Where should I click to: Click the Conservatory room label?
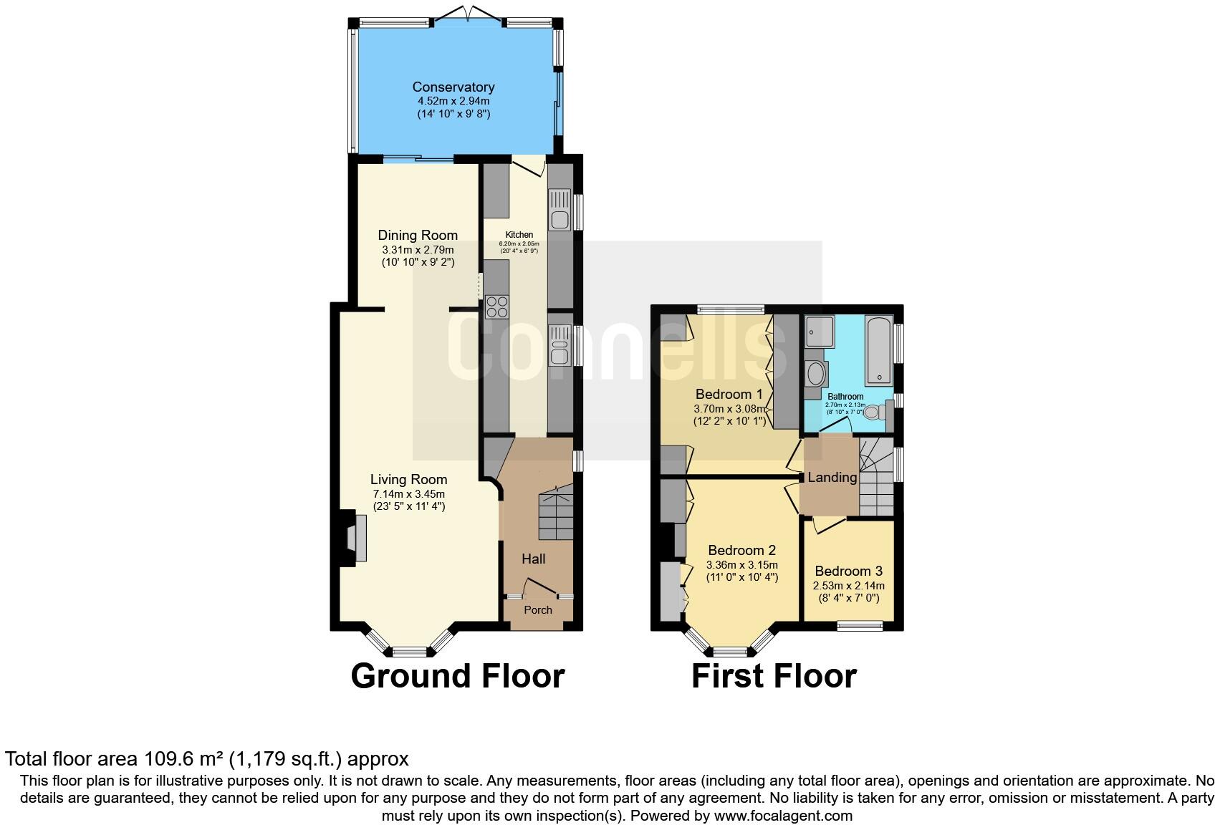click(x=453, y=87)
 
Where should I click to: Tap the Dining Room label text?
click(x=418, y=236)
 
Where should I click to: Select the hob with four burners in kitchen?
click(x=496, y=307)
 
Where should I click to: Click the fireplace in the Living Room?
click(x=356, y=539)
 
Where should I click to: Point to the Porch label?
click(x=538, y=610)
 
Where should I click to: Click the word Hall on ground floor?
click(x=533, y=559)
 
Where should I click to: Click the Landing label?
click(x=832, y=478)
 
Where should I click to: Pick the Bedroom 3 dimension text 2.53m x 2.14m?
click(x=848, y=586)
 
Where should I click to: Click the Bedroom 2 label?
click(x=741, y=551)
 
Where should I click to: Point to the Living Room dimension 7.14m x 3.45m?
click(x=408, y=494)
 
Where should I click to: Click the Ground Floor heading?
click(x=458, y=676)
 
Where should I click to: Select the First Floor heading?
click(x=774, y=676)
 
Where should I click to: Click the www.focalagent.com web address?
click(x=783, y=816)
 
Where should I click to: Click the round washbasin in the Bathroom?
click(x=815, y=374)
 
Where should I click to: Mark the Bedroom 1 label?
click(x=729, y=395)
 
